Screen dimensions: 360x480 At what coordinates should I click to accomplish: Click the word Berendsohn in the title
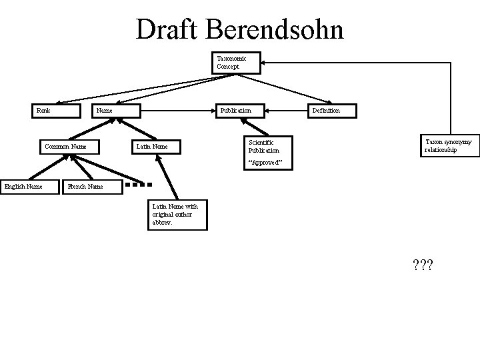click(279, 29)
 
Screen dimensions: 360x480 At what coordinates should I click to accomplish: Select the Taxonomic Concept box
click(235, 63)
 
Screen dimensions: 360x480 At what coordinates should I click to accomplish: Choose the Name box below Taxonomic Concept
click(117, 110)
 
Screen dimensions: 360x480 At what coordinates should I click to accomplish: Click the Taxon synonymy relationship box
click(449, 146)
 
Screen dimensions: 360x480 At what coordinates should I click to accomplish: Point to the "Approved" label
click(266, 163)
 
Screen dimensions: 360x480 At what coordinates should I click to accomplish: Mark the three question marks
click(423, 266)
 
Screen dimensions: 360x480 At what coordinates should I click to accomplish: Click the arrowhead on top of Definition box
click(327, 101)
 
